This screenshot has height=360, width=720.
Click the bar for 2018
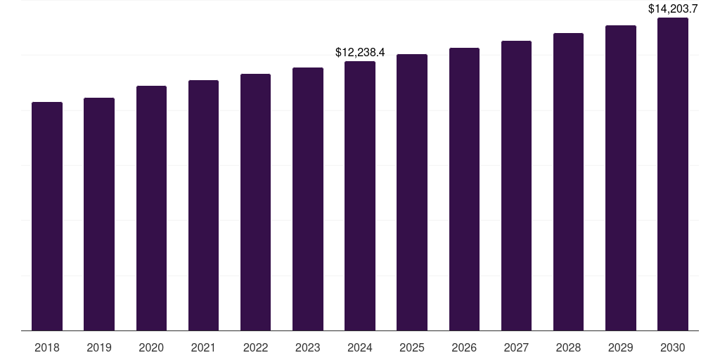47,217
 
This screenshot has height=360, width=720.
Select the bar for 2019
99,214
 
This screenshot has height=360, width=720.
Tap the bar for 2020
151,208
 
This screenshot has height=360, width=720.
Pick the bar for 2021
203,205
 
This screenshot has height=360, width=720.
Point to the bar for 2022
255,202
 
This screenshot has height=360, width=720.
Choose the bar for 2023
308,199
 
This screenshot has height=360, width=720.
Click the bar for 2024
360,196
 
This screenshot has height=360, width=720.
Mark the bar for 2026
464,189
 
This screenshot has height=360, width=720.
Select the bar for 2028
568,182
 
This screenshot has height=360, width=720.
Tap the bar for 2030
673,174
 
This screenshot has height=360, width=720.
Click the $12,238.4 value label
360,53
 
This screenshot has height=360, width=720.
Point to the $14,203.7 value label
673,9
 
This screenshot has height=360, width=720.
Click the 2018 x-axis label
47,347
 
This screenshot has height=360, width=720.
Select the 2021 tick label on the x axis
203,347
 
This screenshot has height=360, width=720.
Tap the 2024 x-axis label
360,347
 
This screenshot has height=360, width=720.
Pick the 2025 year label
412,347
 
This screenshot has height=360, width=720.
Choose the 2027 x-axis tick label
516,347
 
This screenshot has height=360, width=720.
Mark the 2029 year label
621,347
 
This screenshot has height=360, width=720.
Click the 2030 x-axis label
673,347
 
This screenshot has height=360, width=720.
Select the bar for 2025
412,193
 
